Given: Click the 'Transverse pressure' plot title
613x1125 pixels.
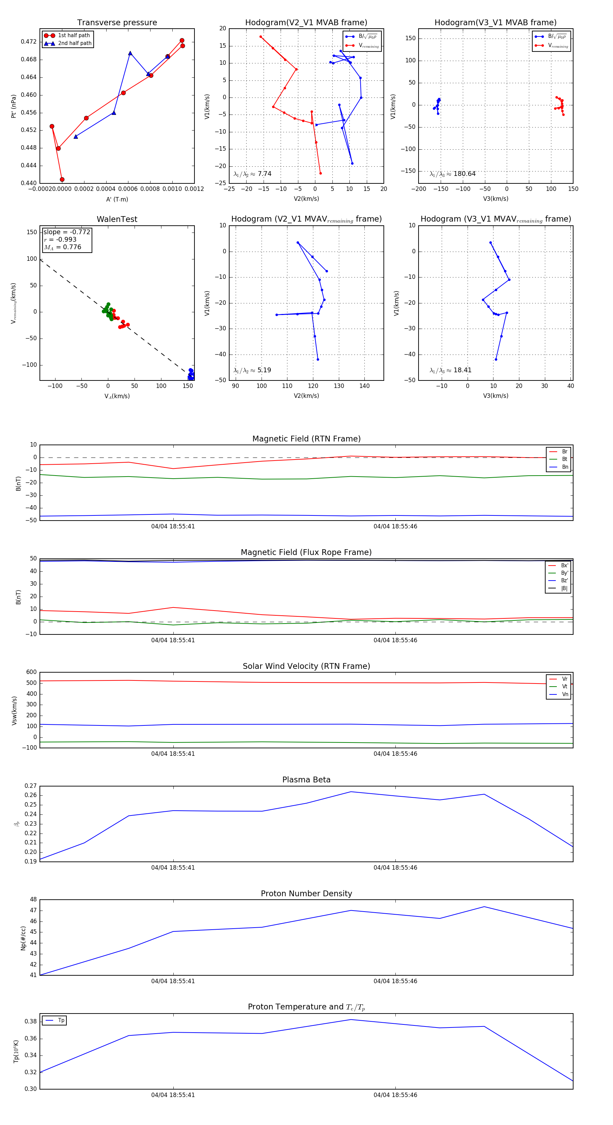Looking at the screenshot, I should tap(117, 23).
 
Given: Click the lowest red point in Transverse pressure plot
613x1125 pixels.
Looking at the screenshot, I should tap(62, 180).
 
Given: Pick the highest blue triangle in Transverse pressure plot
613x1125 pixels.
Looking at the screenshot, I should tap(130, 53).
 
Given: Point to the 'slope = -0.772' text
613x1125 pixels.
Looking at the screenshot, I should tap(67, 232).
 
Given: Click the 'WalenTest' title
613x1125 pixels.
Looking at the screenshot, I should tap(117, 219).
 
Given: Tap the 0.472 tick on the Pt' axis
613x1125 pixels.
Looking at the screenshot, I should tap(29, 42).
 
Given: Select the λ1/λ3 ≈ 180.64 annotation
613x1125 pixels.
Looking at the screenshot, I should tap(453, 174).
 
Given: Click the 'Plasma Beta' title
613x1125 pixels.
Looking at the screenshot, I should tap(306, 780).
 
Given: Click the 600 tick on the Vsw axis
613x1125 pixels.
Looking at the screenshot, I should tap(31, 672).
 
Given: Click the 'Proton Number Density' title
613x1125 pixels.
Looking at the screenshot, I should tap(306, 894).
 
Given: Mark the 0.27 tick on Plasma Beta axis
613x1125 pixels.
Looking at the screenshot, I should tap(31, 786).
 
